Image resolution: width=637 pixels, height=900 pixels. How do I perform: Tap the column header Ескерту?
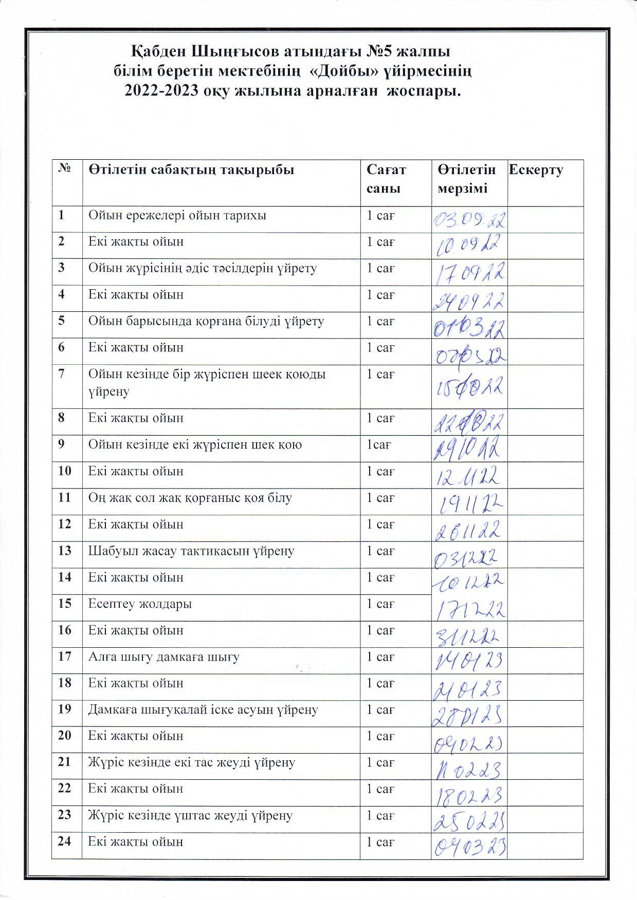tap(536, 170)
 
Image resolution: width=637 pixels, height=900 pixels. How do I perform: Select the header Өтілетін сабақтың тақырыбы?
tap(191, 170)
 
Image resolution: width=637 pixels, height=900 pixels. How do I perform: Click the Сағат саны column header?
tap(386, 179)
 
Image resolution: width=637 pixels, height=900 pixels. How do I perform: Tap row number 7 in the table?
tap(62, 373)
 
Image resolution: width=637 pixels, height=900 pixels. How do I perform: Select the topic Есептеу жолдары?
tap(140, 604)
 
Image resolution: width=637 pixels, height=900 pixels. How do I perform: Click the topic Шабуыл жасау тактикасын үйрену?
tap(191, 551)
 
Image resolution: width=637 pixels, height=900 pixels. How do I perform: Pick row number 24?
tap(64, 841)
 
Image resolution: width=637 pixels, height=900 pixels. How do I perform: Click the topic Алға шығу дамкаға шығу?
tap(163, 657)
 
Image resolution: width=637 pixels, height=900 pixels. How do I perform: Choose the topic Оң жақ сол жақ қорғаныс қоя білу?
tap(190, 498)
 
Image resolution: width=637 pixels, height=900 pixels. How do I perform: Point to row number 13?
tap(64, 551)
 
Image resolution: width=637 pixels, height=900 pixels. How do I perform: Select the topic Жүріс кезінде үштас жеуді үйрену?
tap(190, 815)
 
